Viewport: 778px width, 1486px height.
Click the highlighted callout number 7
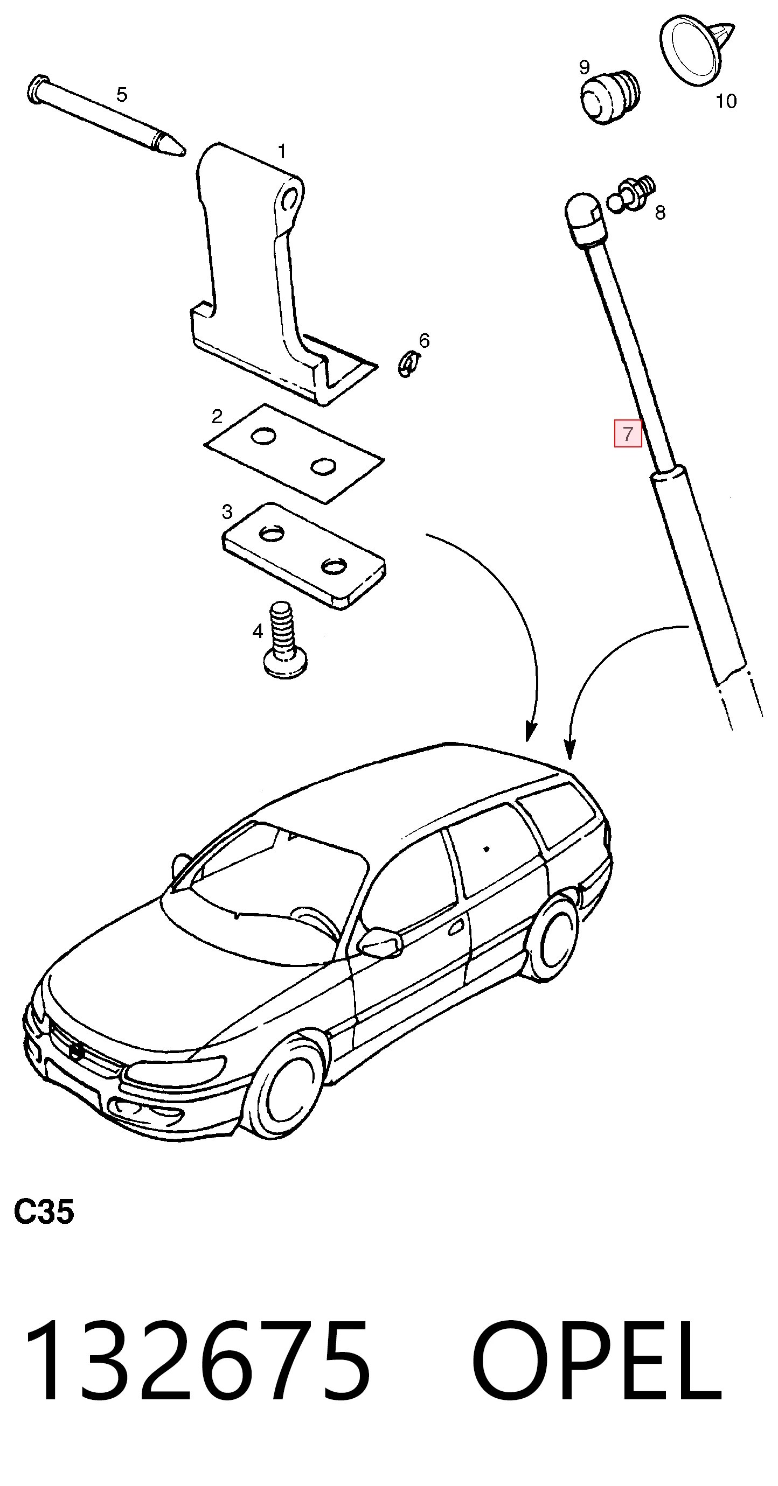pyautogui.click(x=627, y=433)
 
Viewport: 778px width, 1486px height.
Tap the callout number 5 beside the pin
pyautogui.click(x=121, y=94)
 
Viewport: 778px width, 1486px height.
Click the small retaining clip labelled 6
pyautogui.click(x=408, y=365)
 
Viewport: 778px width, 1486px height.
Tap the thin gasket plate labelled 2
pyautogui.click(x=294, y=453)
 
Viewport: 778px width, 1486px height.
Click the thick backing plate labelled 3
pyautogui.click(x=303, y=555)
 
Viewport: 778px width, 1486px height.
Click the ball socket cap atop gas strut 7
pyautogui.click(x=584, y=218)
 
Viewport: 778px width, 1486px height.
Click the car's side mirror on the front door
pyautogui.click(x=379, y=943)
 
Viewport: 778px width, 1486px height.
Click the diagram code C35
pyautogui.click(x=44, y=1211)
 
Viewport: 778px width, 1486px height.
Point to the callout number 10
pyautogui.click(x=726, y=101)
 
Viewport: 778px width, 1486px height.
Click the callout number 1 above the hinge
pyautogui.click(x=282, y=151)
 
